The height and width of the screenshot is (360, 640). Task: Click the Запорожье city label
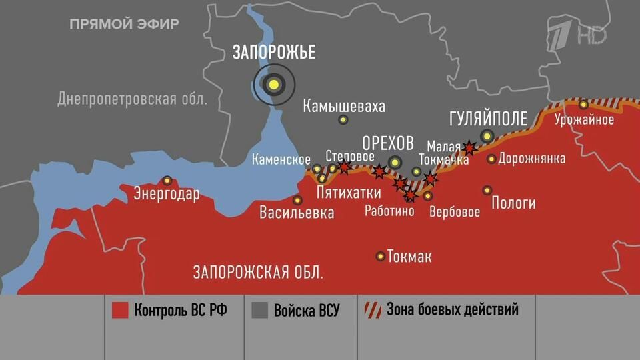273,52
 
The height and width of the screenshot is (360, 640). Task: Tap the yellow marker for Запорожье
273,84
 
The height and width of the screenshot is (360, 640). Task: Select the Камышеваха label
343,106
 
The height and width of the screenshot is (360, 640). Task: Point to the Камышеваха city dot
343,120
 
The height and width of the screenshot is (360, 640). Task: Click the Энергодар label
167,195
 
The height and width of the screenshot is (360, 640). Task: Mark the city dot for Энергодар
167,180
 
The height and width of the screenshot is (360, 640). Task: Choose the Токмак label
409,257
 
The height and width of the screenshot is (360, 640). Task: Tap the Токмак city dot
380,256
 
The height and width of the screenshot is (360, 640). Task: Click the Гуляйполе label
488,119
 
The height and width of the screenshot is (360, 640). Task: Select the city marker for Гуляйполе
487,136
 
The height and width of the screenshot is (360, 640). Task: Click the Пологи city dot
487,190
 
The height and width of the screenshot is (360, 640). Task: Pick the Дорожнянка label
531,159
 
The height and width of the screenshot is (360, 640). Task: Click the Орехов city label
387,143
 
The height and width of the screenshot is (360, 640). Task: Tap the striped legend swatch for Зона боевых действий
371,310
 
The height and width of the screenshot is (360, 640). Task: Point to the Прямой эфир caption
124,25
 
